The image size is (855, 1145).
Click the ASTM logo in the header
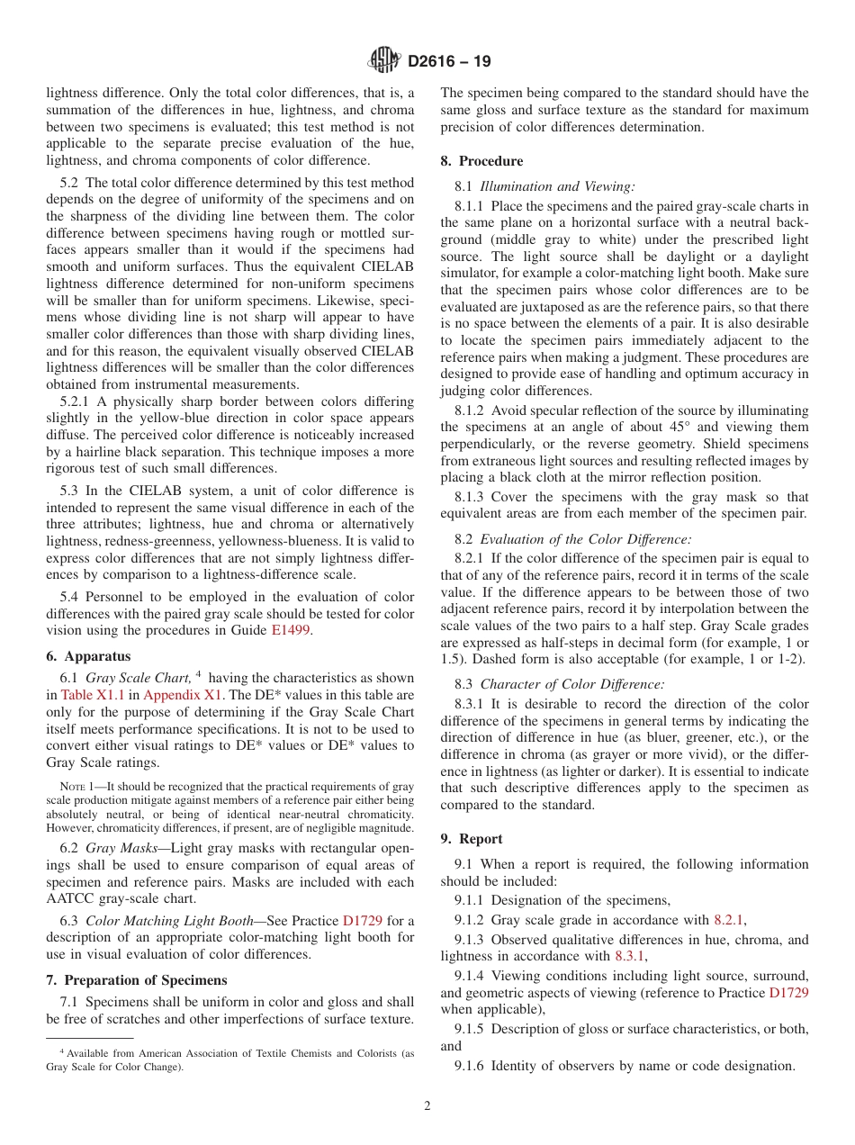384,61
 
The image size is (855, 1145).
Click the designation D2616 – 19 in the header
449,62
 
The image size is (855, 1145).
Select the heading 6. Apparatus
88,656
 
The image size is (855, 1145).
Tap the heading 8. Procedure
481,161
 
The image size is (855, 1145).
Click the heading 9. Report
472,838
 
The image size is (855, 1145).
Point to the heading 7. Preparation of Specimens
137,979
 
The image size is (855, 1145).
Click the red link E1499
291,631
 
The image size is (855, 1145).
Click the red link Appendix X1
177,694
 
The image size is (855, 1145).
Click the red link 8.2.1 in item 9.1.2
729,920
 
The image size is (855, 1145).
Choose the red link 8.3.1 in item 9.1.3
630,956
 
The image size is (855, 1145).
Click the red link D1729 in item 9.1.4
788,992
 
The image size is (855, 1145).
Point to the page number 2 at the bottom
427,1106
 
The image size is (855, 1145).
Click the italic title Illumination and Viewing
557,186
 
